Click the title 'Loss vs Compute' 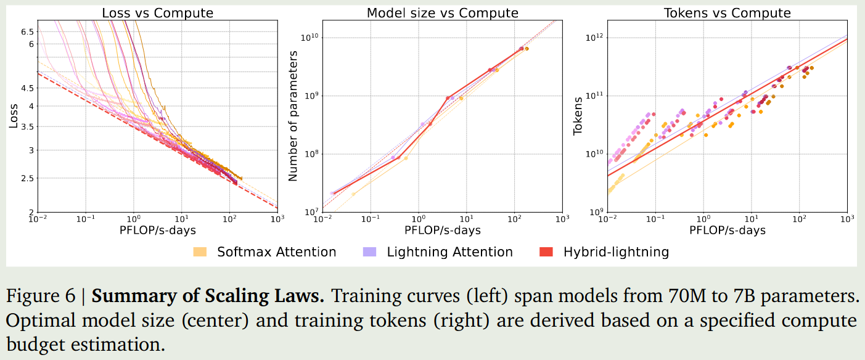pos(157,13)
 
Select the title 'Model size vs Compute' pos(442,13)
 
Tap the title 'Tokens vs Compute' pos(727,13)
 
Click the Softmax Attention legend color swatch pos(200,252)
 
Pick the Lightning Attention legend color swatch pos(369,252)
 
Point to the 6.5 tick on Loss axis pos(27,31)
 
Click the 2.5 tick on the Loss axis pos(27,179)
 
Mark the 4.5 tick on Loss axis pos(27,88)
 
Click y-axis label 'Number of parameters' pos(293,116)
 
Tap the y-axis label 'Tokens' pos(578,116)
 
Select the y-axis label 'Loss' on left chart pos(14,116)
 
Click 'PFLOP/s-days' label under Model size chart pos(442,230)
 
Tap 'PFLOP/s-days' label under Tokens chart pos(727,230)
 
